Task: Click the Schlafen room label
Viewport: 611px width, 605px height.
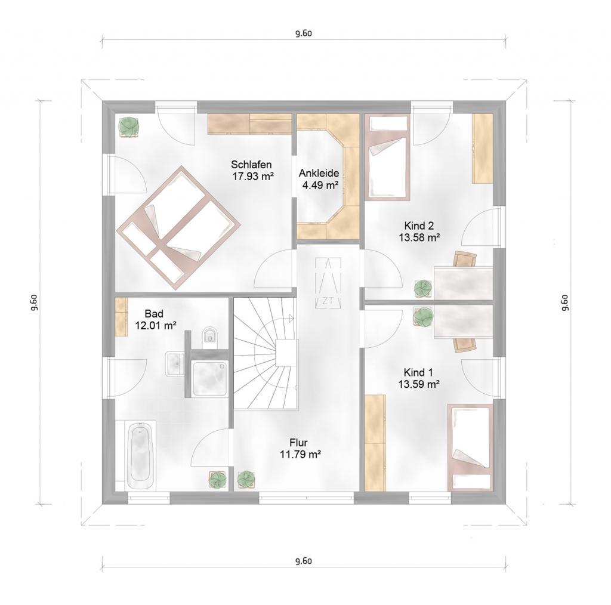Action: click(x=251, y=165)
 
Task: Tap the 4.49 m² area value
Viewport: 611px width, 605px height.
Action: click(x=320, y=185)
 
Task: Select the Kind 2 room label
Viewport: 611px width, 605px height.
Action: click(x=419, y=226)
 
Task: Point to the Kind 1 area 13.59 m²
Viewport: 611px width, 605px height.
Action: click(x=419, y=384)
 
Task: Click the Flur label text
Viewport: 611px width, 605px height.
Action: click(x=298, y=443)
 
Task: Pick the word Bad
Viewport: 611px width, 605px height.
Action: click(x=154, y=314)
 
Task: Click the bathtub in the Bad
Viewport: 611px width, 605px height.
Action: click(x=140, y=455)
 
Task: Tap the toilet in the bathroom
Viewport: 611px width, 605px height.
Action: click(x=211, y=336)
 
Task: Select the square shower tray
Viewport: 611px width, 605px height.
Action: click(x=210, y=378)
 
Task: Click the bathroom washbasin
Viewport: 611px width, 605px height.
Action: click(x=175, y=363)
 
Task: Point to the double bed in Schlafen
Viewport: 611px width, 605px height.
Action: click(x=178, y=227)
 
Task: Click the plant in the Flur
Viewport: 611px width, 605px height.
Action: click(x=246, y=479)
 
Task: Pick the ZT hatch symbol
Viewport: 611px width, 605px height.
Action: click(x=328, y=283)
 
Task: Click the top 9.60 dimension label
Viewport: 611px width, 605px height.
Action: click(x=304, y=33)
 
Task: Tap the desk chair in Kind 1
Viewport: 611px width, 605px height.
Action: click(x=464, y=344)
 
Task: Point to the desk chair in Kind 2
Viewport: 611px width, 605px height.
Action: click(x=465, y=259)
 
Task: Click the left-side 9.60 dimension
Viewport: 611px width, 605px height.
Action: click(x=34, y=302)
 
